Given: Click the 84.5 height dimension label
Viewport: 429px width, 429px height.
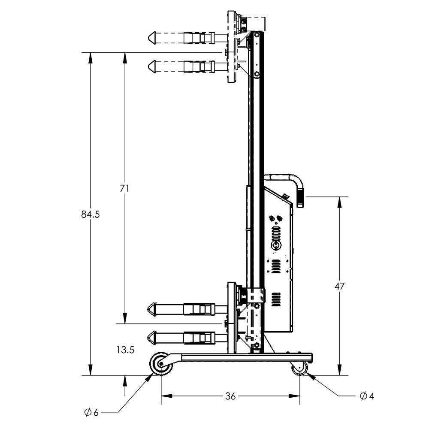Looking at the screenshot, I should click(90, 214).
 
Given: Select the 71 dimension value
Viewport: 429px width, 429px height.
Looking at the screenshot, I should click(125, 188).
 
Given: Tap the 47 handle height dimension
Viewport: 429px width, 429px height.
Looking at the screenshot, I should click(339, 286).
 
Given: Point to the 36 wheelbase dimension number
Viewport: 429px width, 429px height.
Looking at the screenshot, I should click(230, 396).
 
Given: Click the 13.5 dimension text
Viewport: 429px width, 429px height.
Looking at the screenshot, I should click(125, 350).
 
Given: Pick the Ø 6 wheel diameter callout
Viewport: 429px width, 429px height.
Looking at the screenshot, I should click(91, 412).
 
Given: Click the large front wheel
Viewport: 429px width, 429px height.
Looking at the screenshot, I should click(160, 364).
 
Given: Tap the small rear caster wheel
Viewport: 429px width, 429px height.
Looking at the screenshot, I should click(299, 368).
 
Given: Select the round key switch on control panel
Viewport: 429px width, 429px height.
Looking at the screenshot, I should click(276, 246).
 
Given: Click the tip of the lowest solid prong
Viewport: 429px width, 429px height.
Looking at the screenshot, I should click(150, 338).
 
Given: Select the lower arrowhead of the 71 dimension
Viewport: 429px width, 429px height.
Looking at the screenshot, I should click(125, 320).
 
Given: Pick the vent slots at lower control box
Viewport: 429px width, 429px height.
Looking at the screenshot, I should click(276, 299).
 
